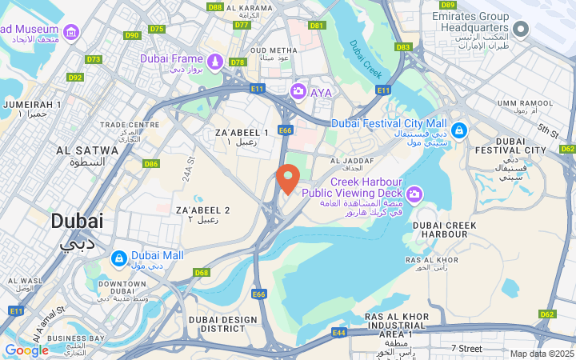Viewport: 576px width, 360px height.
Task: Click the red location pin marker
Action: coord(288,178)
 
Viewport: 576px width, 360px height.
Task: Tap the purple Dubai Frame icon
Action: coord(214,62)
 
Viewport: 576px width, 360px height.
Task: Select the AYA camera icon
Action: coord(298,92)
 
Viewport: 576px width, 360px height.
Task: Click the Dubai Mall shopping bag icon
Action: coord(118,258)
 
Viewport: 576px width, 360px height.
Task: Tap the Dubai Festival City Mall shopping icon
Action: coord(458,130)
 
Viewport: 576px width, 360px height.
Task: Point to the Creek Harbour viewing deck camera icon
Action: coord(414,194)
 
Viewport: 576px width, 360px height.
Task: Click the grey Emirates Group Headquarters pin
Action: coord(522,30)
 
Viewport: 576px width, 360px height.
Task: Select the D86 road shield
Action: coord(150,163)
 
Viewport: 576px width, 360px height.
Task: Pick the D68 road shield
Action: coord(201,273)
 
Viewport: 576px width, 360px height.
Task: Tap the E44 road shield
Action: coord(339,331)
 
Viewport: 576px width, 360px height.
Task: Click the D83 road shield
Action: coord(402,47)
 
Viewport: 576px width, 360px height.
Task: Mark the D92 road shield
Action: coord(75,78)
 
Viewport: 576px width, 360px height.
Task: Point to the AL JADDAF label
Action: coord(352,161)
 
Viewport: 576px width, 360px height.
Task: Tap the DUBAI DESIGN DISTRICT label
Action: coord(223,324)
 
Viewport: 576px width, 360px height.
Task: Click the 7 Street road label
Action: coord(466,348)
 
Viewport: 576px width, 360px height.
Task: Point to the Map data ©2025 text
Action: coord(542,353)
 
